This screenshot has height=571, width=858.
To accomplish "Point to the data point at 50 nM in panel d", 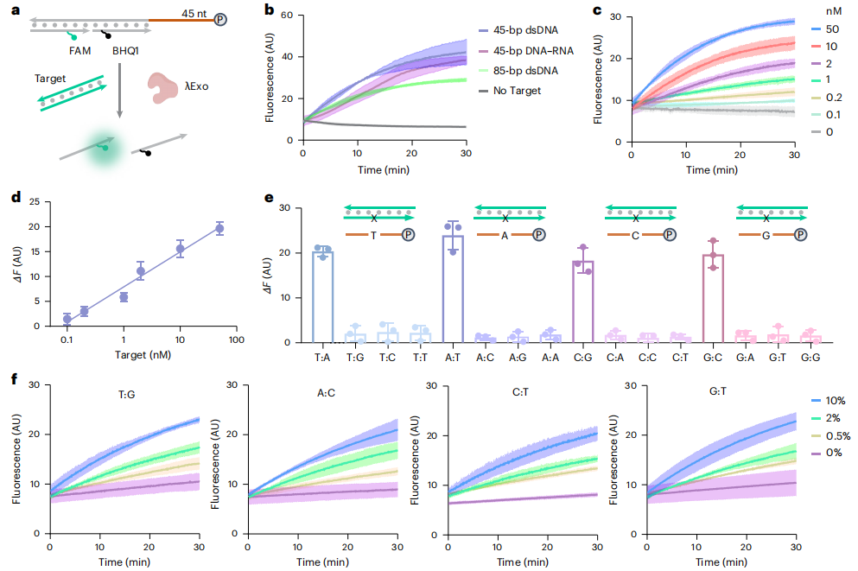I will (x=219, y=229).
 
